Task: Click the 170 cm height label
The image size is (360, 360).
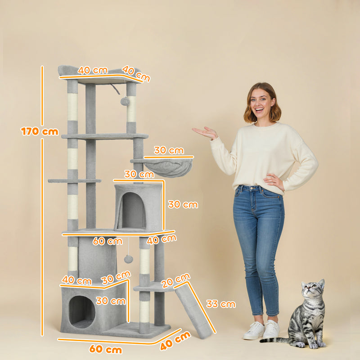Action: [x=40, y=131]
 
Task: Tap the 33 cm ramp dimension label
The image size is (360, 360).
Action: [x=221, y=304]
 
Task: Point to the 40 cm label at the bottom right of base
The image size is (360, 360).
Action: [x=175, y=340]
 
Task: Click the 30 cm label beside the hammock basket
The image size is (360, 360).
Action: [x=169, y=150]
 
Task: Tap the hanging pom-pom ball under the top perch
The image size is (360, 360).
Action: [x=125, y=101]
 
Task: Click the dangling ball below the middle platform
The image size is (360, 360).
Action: [x=128, y=259]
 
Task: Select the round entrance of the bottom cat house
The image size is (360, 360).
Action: [x=82, y=310]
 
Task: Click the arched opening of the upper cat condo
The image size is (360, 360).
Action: [x=133, y=210]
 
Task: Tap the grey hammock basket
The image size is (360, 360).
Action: [x=168, y=167]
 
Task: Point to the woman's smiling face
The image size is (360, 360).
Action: [x=262, y=105]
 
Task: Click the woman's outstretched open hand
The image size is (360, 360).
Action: [x=205, y=132]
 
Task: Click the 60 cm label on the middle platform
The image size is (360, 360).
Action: [x=107, y=241]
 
